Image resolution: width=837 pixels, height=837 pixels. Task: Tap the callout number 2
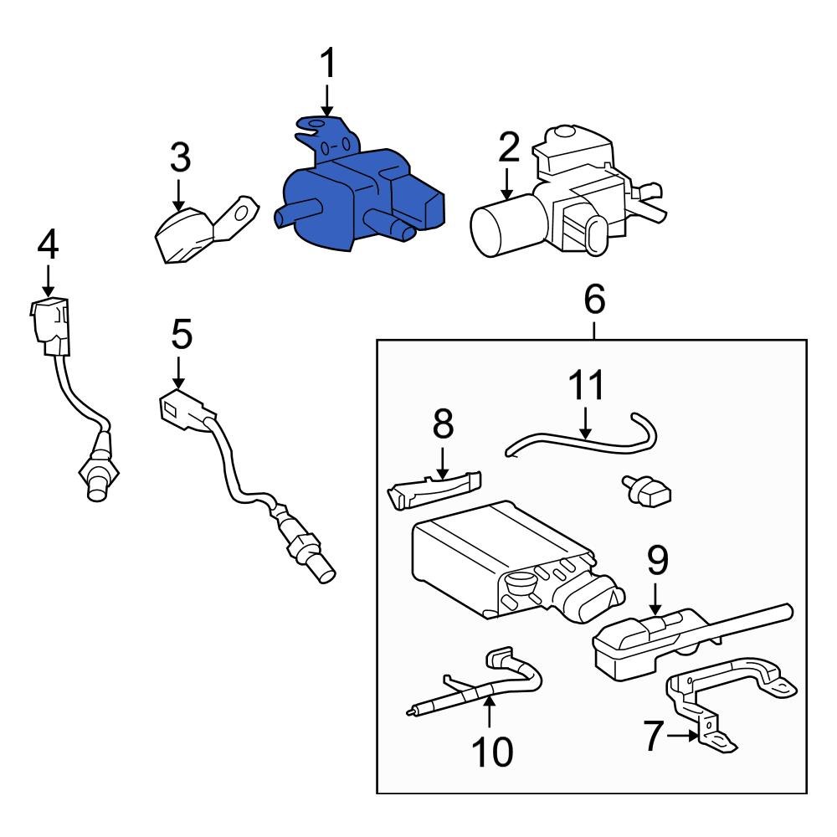click(508, 149)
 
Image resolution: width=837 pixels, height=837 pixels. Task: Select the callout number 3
click(180, 157)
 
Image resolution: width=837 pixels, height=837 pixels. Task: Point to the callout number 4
click(49, 244)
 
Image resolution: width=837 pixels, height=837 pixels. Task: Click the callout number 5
click(181, 334)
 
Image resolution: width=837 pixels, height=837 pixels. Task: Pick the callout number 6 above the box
click(593, 300)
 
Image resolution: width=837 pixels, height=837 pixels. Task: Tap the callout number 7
click(654, 736)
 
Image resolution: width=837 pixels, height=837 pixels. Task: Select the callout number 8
click(442, 425)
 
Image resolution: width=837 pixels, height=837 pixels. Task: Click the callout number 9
click(658, 562)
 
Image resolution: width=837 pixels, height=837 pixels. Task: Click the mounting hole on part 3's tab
click(243, 212)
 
